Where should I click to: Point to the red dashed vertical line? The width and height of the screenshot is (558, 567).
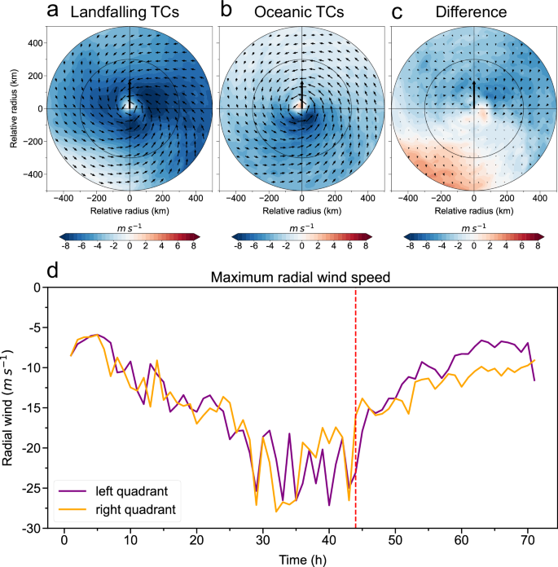(356, 407)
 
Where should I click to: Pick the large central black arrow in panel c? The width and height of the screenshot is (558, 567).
(474, 94)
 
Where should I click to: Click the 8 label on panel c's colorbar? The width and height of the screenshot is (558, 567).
(537, 244)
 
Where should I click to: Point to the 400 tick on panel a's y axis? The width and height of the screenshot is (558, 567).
(33, 42)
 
